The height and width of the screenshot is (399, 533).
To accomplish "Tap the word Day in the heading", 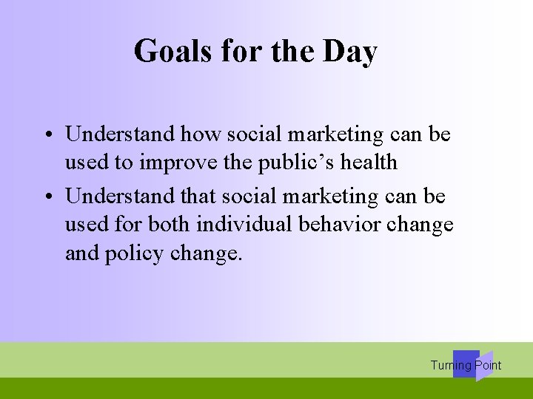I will (350, 52).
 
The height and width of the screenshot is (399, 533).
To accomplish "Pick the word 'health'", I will (370, 162).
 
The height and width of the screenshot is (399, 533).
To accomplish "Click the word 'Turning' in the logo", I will (451, 365).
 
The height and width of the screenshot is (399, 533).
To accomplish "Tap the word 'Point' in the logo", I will (488, 365).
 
